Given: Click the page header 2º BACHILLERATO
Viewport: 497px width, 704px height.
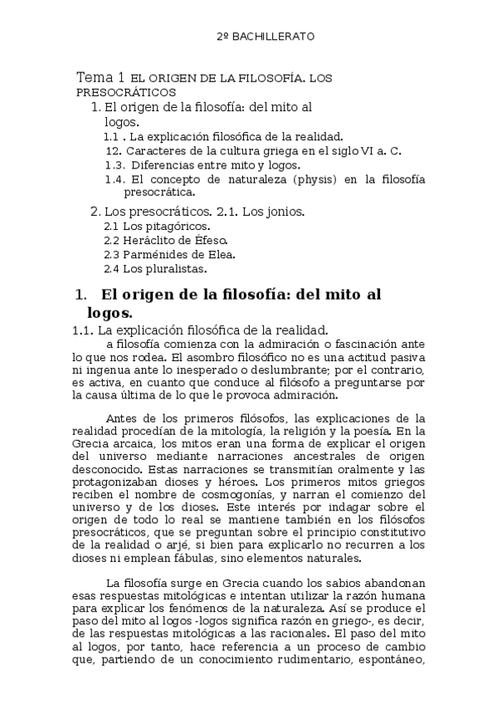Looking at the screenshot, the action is tap(265, 37).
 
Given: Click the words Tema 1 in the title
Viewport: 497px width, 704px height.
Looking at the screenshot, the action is tap(100, 76).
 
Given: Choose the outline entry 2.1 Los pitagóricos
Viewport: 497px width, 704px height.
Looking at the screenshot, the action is tap(157, 226).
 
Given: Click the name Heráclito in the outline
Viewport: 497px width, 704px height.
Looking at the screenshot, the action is tap(148, 240).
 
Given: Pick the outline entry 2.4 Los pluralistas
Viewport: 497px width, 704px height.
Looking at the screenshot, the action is tap(155, 268).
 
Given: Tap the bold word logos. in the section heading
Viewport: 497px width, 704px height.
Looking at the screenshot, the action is tap(110, 312).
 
